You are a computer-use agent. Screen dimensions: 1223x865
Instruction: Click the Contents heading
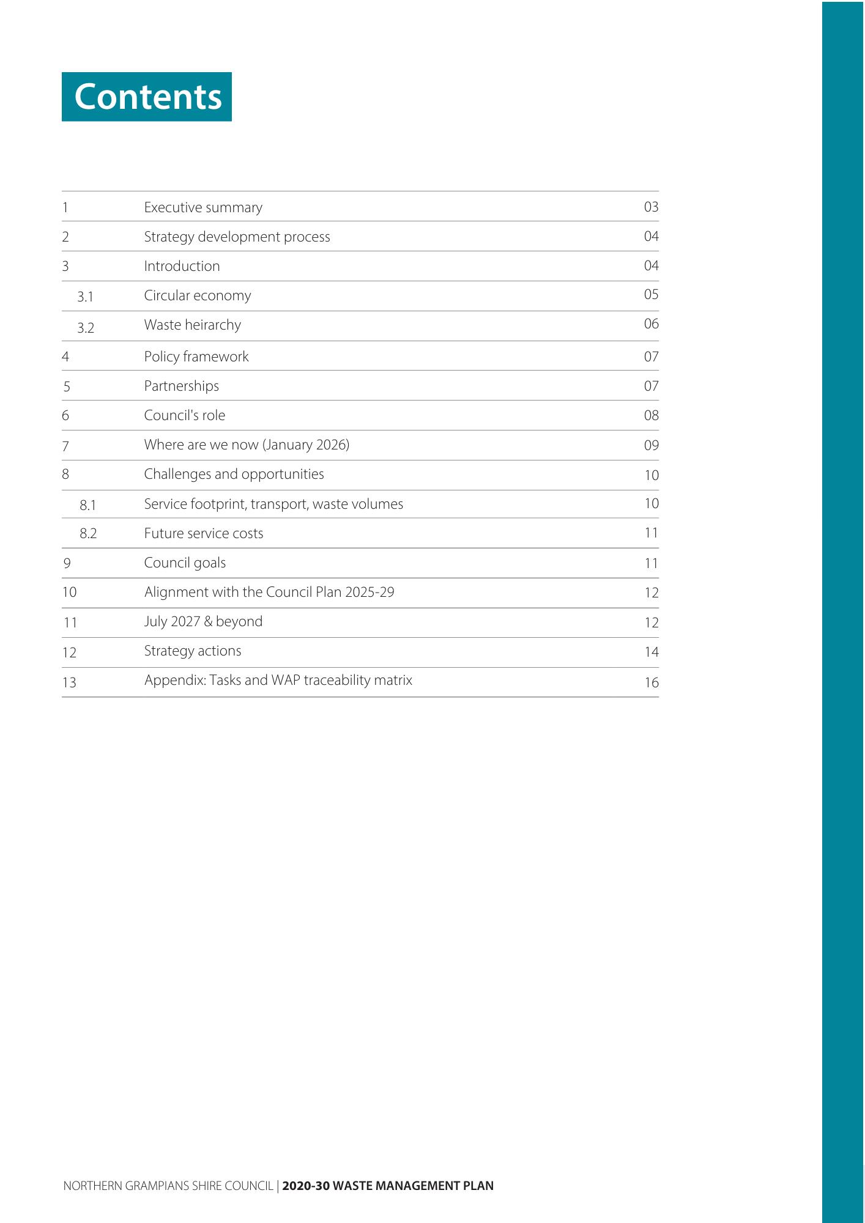tap(147, 97)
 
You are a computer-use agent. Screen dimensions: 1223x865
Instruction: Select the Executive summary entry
tap(203, 207)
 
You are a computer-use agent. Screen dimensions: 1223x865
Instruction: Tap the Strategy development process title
tap(237, 237)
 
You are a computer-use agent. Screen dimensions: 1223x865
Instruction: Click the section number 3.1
tap(86, 297)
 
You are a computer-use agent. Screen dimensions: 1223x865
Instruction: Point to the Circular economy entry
tap(198, 295)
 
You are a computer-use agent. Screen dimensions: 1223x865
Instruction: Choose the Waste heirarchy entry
tap(193, 325)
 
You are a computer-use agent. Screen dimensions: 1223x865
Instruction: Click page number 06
tap(651, 323)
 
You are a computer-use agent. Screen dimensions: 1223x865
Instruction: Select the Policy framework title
tap(196, 357)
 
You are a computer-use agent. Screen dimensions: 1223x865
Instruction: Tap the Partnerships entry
tap(182, 386)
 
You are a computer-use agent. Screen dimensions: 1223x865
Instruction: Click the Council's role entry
tap(185, 415)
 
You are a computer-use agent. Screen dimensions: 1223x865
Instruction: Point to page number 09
tap(651, 445)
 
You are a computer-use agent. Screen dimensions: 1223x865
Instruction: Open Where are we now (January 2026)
tap(247, 445)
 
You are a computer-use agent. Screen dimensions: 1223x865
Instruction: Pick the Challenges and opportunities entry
tap(234, 474)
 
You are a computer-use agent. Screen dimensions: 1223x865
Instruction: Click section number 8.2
tap(88, 533)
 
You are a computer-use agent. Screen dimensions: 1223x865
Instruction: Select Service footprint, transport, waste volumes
tap(273, 504)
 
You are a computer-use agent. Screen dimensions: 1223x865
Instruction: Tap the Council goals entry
tap(185, 563)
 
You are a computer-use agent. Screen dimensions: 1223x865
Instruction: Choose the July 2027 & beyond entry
tap(203, 621)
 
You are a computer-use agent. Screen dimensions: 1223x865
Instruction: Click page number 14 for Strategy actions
tap(652, 652)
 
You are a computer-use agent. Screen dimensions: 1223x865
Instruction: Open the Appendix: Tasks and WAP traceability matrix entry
tap(278, 680)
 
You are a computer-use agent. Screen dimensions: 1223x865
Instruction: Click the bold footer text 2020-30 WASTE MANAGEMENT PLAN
tap(388, 1186)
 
